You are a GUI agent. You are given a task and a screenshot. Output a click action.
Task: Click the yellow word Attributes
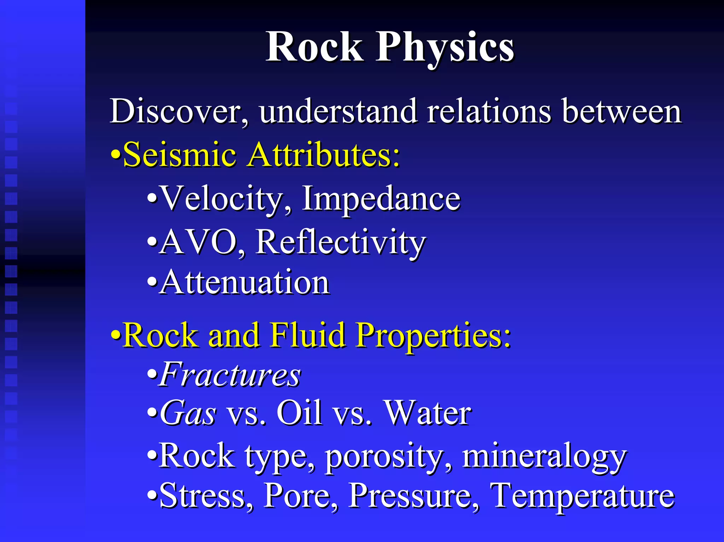click(323, 155)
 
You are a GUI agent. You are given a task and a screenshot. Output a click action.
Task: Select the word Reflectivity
click(341, 242)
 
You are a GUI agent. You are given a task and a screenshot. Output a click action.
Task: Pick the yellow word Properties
click(433, 335)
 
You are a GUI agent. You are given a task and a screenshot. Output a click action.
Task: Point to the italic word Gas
click(188, 413)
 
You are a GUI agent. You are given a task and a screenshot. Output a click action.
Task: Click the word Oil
click(299, 413)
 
